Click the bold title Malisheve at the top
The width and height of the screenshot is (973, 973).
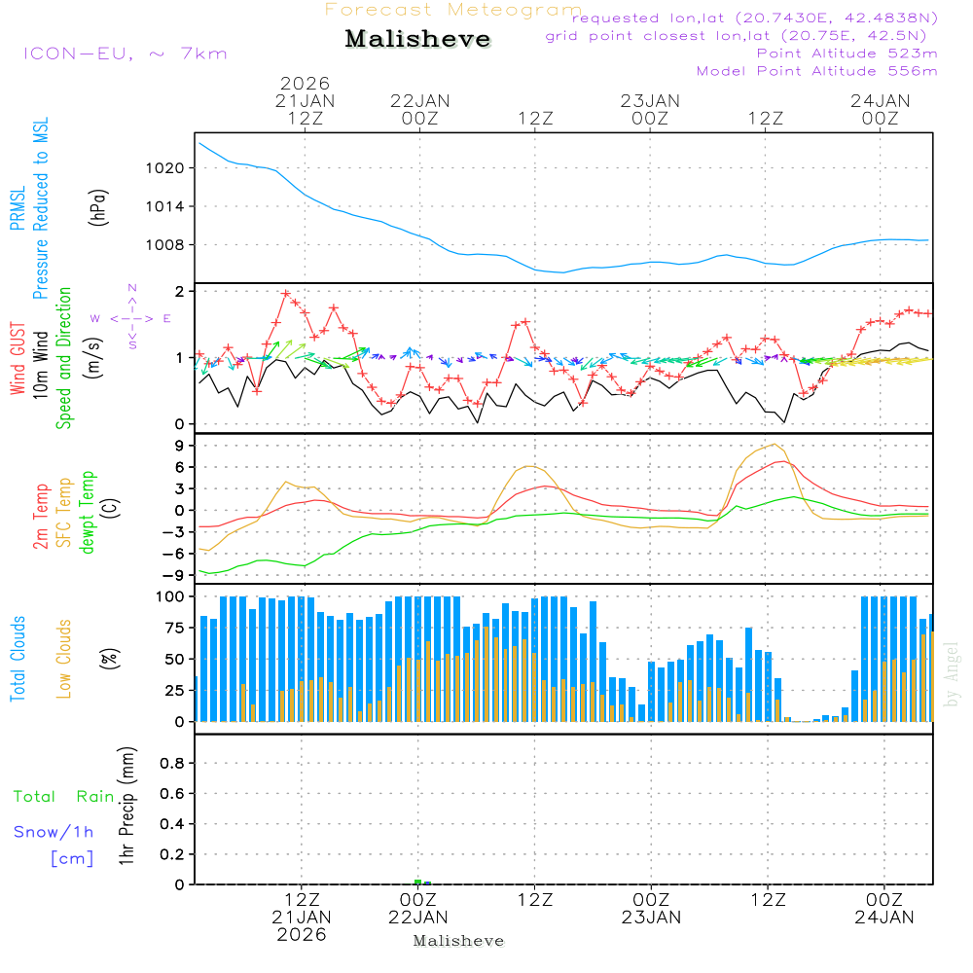click(418, 40)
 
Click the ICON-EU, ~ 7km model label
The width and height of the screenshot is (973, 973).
click(125, 54)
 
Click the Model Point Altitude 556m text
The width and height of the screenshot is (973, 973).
click(817, 71)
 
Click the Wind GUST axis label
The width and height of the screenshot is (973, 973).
click(18, 360)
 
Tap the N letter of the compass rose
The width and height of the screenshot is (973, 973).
click(132, 288)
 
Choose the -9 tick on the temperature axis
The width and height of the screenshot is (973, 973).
click(178, 575)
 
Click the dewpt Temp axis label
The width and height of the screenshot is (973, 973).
click(88, 513)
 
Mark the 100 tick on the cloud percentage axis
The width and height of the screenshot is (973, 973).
click(171, 596)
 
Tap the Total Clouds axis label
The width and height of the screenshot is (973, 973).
click(18, 658)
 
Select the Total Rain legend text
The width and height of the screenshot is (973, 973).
click(64, 797)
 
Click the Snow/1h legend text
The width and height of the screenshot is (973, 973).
click(54, 832)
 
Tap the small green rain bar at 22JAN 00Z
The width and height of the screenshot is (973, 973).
click(417, 882)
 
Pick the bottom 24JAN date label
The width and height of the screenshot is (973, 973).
click(883, 917)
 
